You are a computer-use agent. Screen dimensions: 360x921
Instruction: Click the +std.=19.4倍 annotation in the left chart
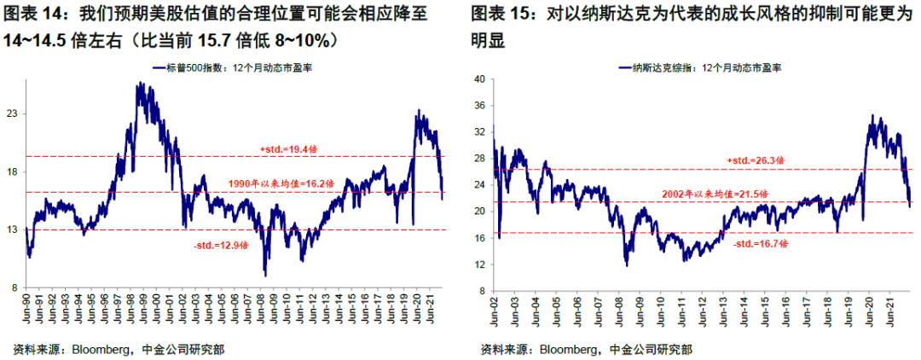click(x=287, y=150)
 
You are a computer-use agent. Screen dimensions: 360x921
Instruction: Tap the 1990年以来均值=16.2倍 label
click(x=281, y=183)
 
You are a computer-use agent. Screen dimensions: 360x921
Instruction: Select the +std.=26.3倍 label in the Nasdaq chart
click(x=756, y=160)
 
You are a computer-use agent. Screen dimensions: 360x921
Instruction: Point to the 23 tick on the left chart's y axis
click(x=13, y=113)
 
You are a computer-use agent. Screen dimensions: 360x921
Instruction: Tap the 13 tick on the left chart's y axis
click(x=13, y=230)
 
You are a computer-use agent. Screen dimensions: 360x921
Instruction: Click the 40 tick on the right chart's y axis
click(x=478, y=78)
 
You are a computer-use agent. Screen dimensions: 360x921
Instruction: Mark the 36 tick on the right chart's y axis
click(x=478, y=105)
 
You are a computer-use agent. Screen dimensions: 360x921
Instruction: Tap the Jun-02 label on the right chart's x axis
click(x=495, y=314)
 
